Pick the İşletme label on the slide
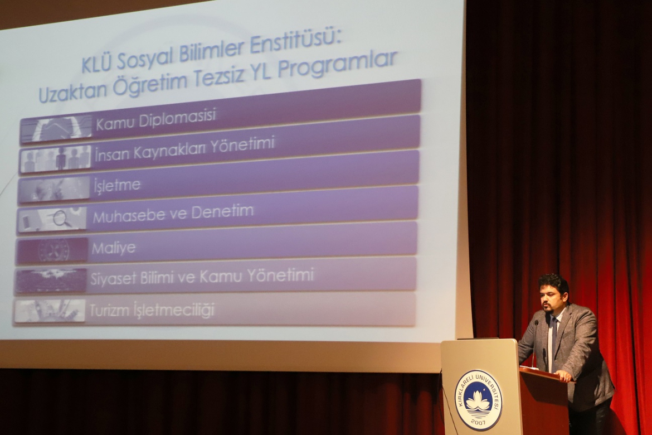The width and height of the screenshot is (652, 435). (117, 185)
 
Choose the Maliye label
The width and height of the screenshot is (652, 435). (114, 248)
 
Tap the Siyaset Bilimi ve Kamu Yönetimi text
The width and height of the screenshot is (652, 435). (202, 277)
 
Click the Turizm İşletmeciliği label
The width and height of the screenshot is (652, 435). (152, 310)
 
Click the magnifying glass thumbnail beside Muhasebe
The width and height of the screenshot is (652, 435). (52, 219)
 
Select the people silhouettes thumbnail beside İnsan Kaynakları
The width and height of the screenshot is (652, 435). (56, 158)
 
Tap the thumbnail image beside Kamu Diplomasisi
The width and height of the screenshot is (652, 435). (56, 128)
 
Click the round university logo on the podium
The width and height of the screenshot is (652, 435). (479, 399)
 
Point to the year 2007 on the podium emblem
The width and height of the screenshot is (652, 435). (478, 423)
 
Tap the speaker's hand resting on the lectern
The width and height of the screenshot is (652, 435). (565, 375)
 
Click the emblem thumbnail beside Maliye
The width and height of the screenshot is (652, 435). (52, 250)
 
